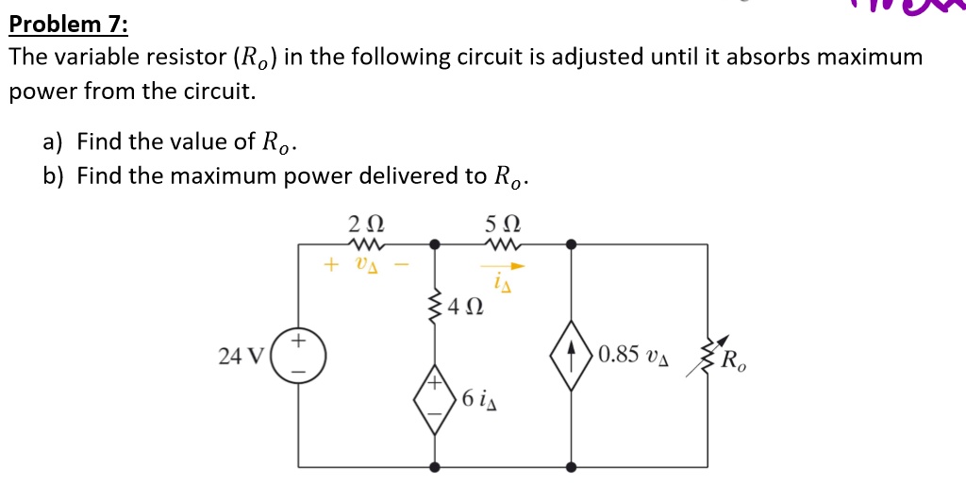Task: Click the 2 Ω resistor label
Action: pos(365,225)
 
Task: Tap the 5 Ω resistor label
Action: pos(502,225)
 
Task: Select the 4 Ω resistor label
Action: pos(468,306)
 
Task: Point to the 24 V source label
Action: pos(241,356)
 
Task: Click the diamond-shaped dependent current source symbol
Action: pos(571,356)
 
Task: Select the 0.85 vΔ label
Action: pos(632,356)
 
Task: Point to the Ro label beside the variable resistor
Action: pos(732,360)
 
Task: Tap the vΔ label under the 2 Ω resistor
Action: pos(366,265)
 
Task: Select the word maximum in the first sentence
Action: pos(869,57)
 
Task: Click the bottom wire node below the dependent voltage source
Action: pos(434,466)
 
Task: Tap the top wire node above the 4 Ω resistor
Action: pos(434,244)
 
